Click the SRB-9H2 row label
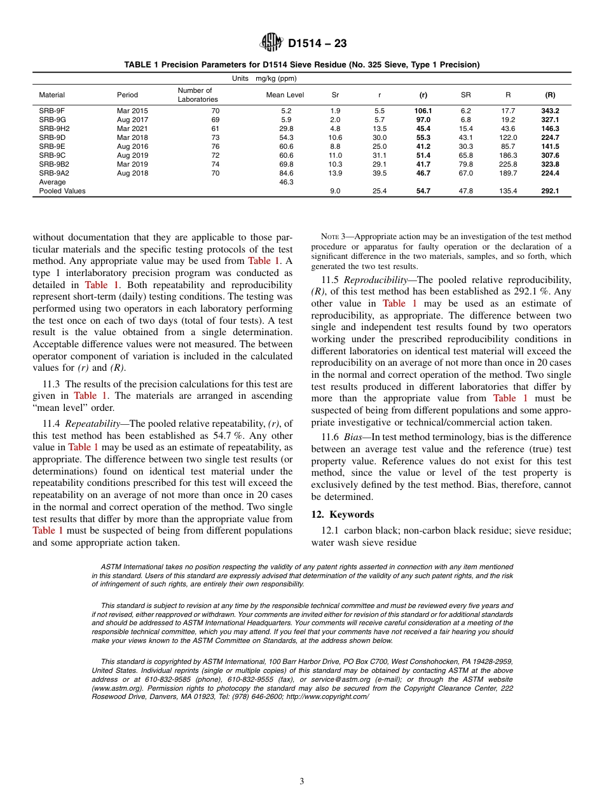[54, 128]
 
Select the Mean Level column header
[285, 95]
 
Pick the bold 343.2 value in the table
[550, 111]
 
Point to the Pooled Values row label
[62, 191]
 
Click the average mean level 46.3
[285, 182]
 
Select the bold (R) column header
[550, 95]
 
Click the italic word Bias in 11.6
[354, 438]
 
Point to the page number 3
[302, 782]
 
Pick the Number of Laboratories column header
[197, 95]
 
